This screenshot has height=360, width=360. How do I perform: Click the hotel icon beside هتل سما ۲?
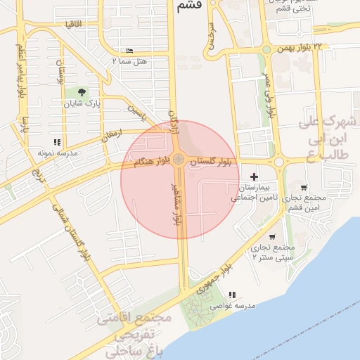[129, 52]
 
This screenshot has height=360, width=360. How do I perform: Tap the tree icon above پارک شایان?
[83, 92]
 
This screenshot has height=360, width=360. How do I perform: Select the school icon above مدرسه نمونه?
[56, 142]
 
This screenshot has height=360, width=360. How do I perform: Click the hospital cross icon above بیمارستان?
[254, 176]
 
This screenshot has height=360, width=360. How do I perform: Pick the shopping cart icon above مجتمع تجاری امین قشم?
[303, 188]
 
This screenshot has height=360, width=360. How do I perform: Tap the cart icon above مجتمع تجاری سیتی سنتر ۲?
[272, 237]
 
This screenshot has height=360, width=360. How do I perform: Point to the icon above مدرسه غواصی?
[232, 295]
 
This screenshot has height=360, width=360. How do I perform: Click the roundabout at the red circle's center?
[179, 160]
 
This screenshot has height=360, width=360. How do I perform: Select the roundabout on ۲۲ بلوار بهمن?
[266, 49]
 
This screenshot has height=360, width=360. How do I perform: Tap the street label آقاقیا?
[74, 24]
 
